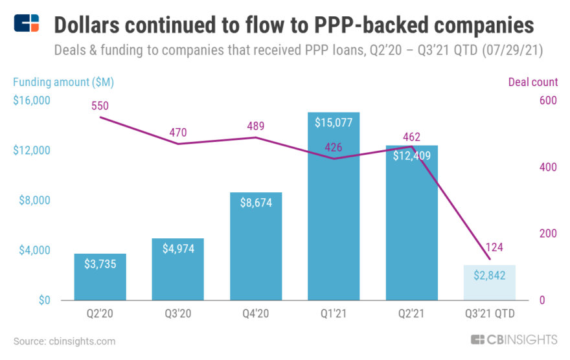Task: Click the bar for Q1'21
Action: (334, 214)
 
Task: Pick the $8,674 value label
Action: (256, 202)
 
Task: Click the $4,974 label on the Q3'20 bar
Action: (178, 249)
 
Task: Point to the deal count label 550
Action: (100, 106)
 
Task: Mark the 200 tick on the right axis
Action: (548, 233)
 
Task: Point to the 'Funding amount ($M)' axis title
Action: (63, 82)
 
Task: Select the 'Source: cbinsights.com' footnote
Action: (64, 341)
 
